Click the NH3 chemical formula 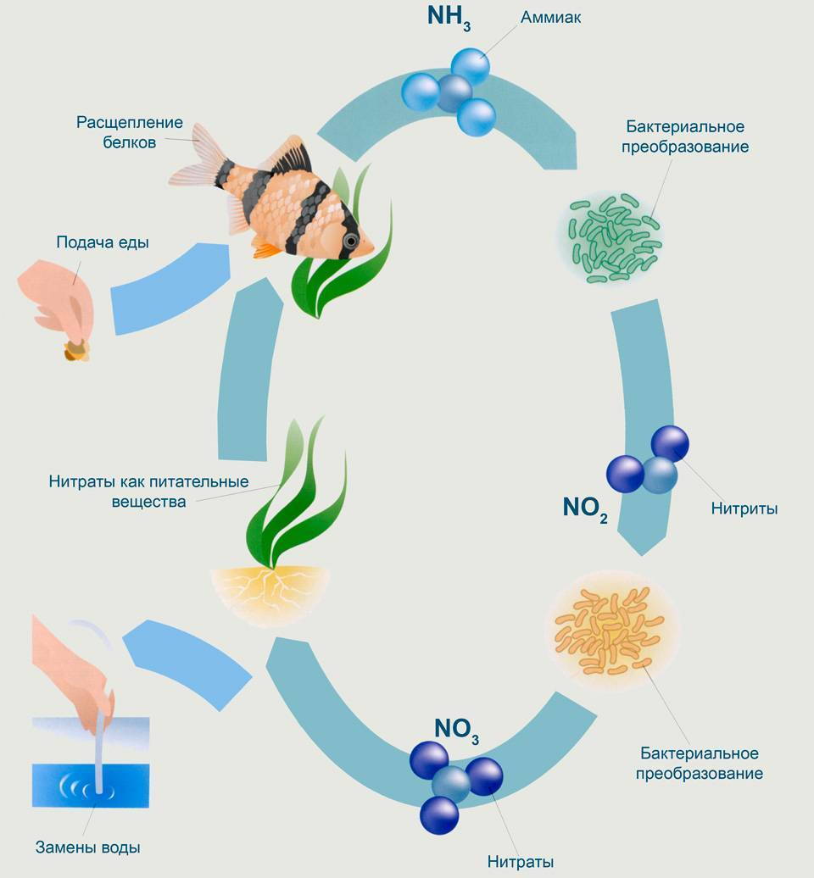tap(449, 17)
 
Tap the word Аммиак tap(550, 17)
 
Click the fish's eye tap(351, 242)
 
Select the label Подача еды tap(103, 242)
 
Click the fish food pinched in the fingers tap(77, 349)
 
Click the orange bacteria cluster tap(610, 630)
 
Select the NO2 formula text tap(585, 508)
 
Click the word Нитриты tap(744, 508)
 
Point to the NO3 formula tap(456, 731)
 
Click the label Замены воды tap(88, 847)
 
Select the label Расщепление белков tap(130, 132)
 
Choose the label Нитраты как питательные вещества tap(149, 491)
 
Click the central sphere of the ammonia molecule tap(454, 93)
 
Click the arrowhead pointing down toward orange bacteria tap(642, 541)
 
